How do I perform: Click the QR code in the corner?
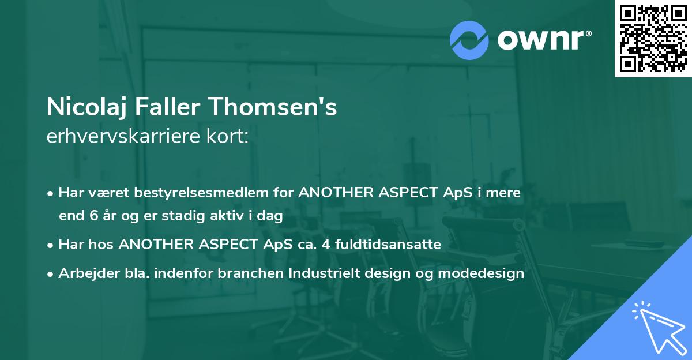[653, 38]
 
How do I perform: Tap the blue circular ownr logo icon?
[469, 40]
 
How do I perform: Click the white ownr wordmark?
[541, 40]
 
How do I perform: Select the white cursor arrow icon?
[660, 328]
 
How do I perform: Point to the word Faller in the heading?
[168, 107]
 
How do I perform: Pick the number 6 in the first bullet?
[94, 215]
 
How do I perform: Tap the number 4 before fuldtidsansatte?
[326, 245]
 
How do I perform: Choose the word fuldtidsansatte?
[388, 244]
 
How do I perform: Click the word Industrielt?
[324, 273]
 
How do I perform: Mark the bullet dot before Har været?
[50, 194]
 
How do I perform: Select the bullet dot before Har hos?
[50, 246]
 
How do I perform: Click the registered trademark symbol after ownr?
[588, 33]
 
